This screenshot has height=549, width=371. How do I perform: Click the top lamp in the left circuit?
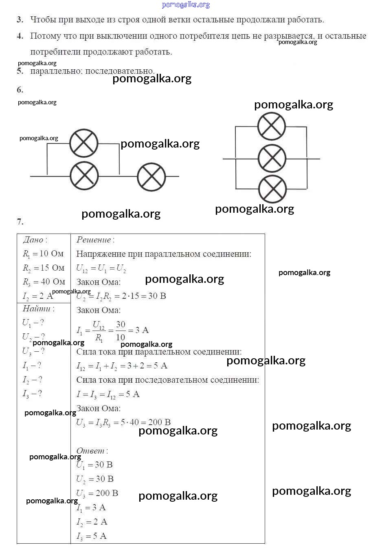[x=84, y=143]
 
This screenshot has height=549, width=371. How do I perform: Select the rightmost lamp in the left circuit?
[x=151, y=176]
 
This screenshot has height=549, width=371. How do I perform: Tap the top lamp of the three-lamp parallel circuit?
[x=272, y=126]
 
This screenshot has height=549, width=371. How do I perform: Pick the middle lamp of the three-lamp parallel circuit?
[x=272, y=158]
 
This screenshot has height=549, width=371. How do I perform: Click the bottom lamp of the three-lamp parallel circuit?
[x=272, y=190]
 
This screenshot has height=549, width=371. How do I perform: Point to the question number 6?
[x=20, y=90]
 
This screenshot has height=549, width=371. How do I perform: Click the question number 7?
[x=20, y=222]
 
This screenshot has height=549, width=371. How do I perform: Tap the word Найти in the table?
[x=37, y=309]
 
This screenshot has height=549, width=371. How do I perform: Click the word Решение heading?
[x=94, y=240]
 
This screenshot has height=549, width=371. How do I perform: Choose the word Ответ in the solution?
[x=90, y=451]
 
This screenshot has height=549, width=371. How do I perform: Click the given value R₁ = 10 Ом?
[x=43, y=254]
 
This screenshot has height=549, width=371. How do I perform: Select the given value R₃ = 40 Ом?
[x=44, y=282]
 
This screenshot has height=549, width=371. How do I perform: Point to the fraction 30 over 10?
[x=121, y=331]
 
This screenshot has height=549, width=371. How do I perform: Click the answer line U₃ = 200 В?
[x=97, y=493]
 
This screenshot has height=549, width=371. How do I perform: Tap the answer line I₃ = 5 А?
[x=92, y=536]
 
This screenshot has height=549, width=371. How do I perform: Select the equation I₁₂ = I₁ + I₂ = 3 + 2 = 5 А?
[x=122, y=366]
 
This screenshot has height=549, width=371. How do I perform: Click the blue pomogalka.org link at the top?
[x=186, y=4]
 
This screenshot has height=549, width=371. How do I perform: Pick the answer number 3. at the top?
[x=20, y=20]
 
